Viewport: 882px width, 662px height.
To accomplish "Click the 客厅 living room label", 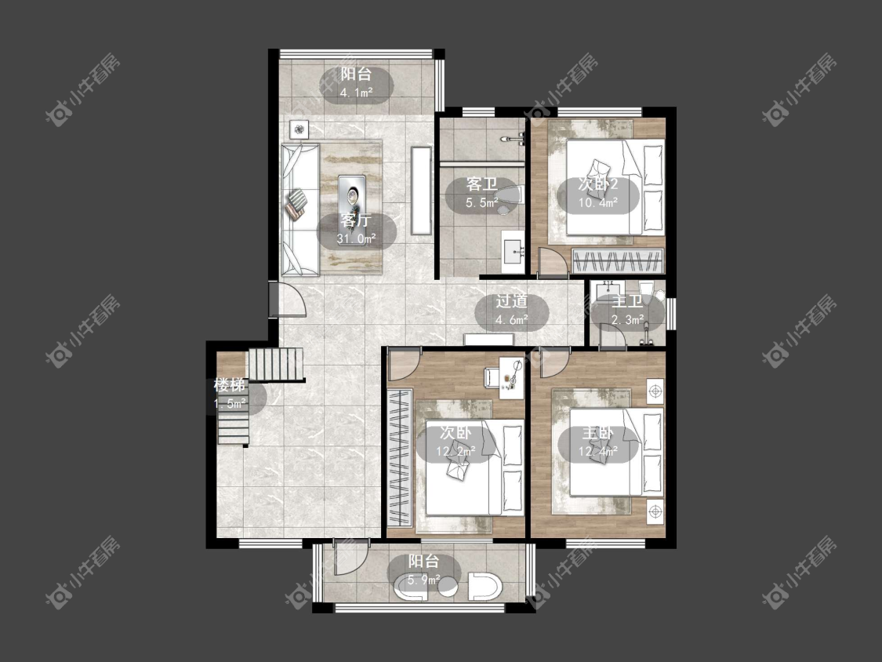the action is (x=355, y=220).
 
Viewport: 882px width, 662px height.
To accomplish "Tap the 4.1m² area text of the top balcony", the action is (x=357, y=93).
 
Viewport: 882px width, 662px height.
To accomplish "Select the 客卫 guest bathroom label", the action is (x=481, y=184).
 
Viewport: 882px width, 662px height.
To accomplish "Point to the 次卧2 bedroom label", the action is (x=598, y=184).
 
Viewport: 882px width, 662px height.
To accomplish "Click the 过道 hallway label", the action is (x=511, y=301).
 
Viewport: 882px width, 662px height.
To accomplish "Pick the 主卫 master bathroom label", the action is (x=627, y=301).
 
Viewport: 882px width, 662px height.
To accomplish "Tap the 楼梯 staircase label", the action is (x=230, y=385).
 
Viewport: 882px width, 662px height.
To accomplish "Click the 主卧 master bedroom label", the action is (x=597, y=433).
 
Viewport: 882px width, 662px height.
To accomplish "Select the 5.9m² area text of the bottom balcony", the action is (x=423, y=579).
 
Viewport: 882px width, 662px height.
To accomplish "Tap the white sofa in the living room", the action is (x=300, y=209).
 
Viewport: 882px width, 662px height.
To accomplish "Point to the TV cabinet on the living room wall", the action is (x=421, y=191).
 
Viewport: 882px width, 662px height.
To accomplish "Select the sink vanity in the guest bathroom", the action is (x=513, y=250).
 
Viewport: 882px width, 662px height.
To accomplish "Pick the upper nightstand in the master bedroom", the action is (x=655, y=390).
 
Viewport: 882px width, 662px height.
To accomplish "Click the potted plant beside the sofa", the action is (x=299, y=129).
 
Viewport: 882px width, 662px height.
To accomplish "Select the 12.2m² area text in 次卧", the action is (x=456, y=451).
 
